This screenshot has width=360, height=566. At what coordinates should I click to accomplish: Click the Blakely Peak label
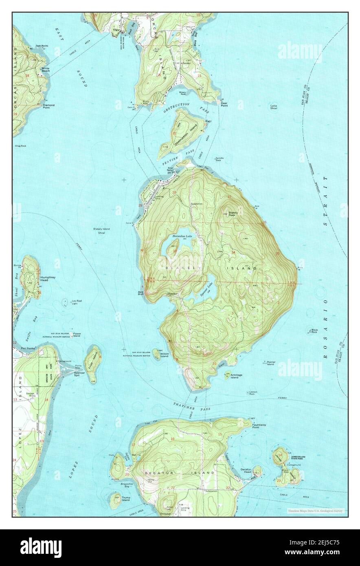pos(233,213)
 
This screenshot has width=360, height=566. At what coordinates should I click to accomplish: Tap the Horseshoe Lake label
pos(181,236)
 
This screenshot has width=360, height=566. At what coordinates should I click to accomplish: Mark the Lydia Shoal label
pos(274,107)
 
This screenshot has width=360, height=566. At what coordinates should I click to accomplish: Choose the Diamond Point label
pos(48,106)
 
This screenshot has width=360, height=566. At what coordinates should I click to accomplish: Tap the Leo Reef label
pos(77,302)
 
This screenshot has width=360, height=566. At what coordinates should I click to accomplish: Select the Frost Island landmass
pos(92,359)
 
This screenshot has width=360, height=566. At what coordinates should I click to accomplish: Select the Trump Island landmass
pos(116,500)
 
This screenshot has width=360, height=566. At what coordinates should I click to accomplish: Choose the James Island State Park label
pos(298,458)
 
